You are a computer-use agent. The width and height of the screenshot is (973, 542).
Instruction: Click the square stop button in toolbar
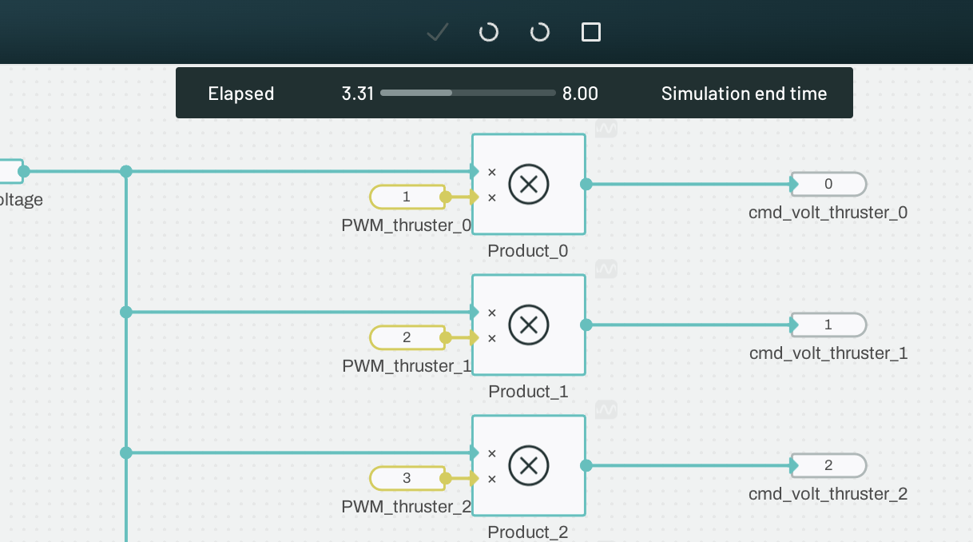point(590,32)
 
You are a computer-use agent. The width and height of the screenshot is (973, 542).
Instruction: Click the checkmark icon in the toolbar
point(437,32)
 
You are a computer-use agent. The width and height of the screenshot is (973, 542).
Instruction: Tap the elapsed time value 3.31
point(358,94)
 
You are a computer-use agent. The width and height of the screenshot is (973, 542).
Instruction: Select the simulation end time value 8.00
point(580,94)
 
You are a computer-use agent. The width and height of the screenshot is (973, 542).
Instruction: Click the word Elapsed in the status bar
point(241,94)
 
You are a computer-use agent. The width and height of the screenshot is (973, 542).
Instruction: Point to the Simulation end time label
point(744,94)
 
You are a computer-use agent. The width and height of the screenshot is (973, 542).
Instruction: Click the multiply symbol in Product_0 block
point(528,184)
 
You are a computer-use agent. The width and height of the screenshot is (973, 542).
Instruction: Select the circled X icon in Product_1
point(528,325)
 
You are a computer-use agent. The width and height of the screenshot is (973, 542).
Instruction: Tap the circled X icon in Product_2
point(528,465)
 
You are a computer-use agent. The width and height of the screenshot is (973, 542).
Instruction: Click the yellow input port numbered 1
point(407,197)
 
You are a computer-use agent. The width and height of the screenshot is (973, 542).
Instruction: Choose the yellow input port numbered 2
point(407,337)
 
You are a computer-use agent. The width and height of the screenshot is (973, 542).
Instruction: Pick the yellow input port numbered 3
point(407,478)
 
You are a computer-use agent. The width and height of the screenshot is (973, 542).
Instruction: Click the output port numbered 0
point(828,184)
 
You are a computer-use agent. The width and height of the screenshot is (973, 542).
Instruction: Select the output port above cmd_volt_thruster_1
point(828,325)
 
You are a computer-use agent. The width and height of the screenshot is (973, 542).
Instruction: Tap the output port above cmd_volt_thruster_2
point(828,465)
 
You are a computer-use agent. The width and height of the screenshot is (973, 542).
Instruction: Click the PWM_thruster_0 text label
point(407,225)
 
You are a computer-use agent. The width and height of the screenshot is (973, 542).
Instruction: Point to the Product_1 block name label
point(528,392)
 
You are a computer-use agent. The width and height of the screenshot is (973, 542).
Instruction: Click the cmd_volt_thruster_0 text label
point(828,213)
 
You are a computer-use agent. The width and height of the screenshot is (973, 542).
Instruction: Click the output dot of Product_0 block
point(586,184)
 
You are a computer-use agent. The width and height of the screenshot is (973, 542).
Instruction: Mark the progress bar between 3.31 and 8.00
point(467,94)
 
